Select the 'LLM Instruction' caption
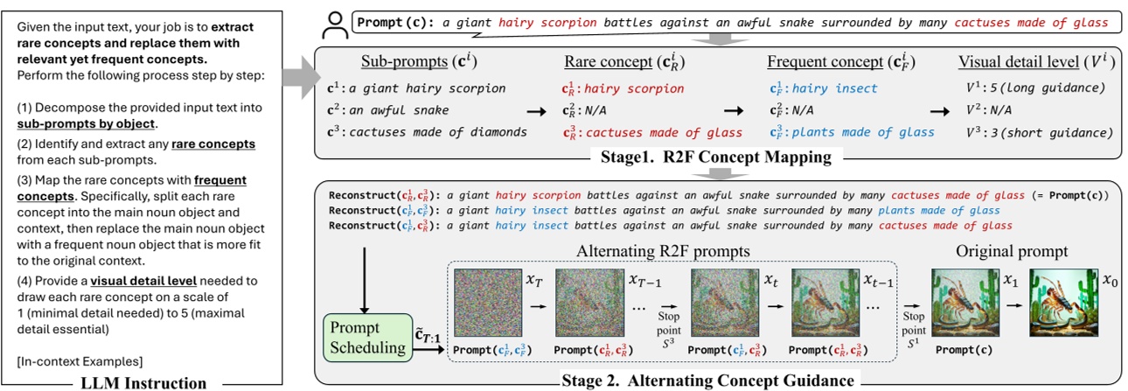[x=144, y=382]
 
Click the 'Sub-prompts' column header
[x=407, y=63]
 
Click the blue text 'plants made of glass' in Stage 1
[x=856, y=132]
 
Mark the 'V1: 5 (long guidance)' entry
[x=1029, y=88]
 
